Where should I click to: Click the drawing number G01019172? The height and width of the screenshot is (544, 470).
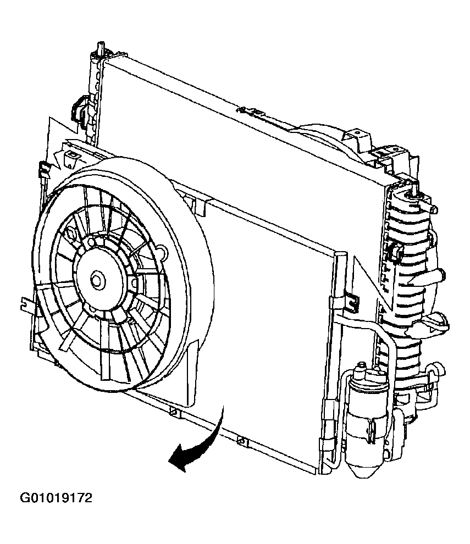point(56,498)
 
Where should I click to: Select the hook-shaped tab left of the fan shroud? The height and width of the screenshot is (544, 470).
point(26,301)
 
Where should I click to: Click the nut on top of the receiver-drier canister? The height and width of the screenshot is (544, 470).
point(363,366)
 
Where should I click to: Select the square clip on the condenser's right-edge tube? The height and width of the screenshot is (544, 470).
point(353,303)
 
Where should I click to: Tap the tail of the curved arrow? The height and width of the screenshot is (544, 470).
point(224,407)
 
